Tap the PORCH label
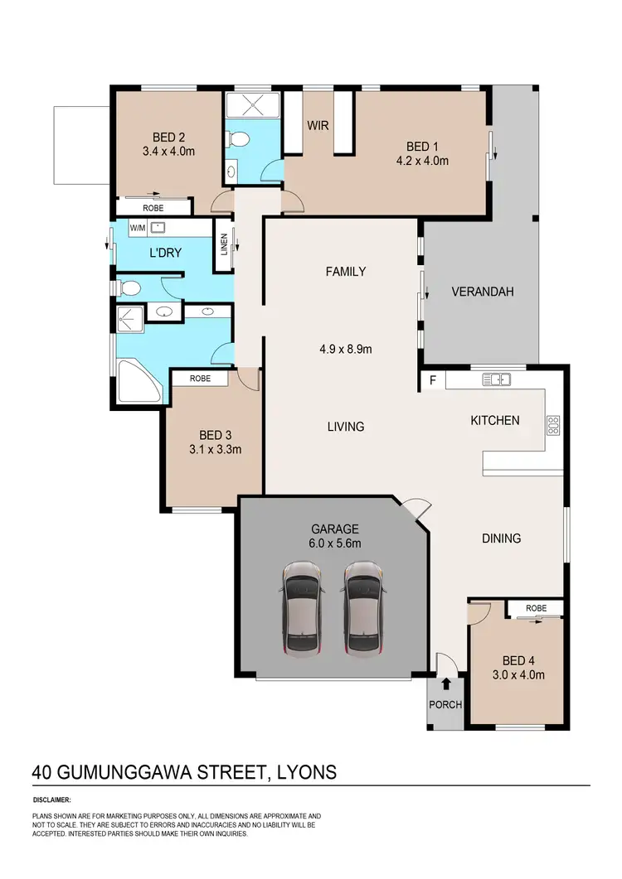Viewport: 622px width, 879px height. tap(446, 705)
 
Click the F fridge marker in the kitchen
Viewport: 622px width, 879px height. tap(431, 381)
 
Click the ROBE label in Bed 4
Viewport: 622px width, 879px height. tap(537, 608)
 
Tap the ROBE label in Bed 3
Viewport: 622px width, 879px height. tap(200, 378)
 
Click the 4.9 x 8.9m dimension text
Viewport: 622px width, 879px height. tap(346, 349)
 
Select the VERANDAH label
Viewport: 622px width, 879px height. tap(483, 292)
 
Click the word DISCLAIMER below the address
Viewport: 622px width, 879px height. tap(52, 800)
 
